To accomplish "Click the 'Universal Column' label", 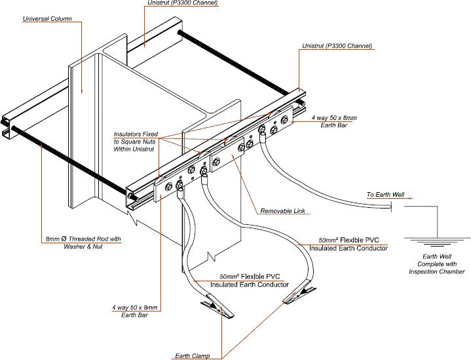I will click(47, 18).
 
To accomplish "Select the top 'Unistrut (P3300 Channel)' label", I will click(182, 3).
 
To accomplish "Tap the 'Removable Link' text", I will click(284, 211).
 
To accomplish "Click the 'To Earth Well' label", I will click(385, 195).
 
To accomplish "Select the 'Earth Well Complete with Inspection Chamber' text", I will click(434, 264).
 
